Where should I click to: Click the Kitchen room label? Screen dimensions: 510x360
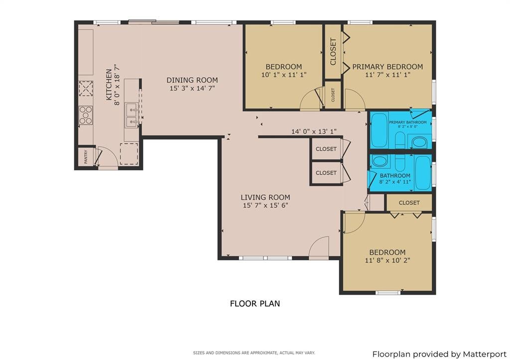(109, 84)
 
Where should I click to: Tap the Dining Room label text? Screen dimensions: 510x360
(192, 80)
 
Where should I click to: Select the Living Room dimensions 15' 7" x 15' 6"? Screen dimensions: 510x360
(265, 206)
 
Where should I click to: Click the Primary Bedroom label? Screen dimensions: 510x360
(387, 67)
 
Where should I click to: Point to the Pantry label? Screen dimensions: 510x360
(86, 156)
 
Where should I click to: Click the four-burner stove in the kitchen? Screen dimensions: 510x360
(86, 115)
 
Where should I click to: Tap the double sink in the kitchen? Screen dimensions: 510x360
(132, 115)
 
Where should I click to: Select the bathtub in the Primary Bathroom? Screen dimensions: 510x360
(379, 130)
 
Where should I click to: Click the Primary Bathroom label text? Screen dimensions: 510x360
(407, 122)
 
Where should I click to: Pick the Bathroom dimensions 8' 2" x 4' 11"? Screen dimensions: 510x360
(395, 182)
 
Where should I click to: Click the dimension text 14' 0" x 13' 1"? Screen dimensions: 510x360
(314, 132)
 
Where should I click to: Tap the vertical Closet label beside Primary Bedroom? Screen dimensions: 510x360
(333, 52)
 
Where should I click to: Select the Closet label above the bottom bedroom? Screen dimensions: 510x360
(409, 203)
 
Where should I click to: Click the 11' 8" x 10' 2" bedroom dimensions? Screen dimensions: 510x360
(387, 260)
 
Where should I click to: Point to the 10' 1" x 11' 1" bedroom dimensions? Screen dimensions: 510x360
(283, 75)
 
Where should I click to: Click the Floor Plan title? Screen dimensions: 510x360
(255, 304)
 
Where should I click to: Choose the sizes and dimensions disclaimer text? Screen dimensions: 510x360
(254, 353)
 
